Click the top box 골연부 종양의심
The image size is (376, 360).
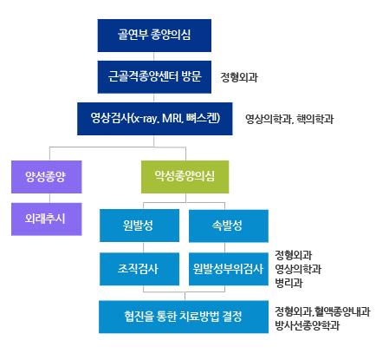click(154, 36)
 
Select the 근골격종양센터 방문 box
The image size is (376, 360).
click(154, 77)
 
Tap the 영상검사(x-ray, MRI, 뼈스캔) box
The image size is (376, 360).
click(155, 119)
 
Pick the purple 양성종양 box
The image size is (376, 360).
click(47, 177)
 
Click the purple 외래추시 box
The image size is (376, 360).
click(47, 219)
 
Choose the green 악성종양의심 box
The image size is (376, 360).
click(185, 177)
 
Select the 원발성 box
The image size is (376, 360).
click(139, 226)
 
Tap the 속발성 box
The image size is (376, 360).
click(229, 226)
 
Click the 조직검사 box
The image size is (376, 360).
click(139, 269)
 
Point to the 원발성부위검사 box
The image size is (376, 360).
click(229, 269)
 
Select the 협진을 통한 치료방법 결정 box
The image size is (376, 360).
click(184, 317)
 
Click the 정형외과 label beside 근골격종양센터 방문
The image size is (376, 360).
click(239, 77)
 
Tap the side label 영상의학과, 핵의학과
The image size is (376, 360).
click(289, 119)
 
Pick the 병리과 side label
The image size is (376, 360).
click(288, 283)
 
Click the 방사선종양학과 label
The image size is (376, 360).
click(307, 325)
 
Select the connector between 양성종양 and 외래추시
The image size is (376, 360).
click(49, 198)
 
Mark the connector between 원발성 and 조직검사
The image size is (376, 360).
click(144, 247)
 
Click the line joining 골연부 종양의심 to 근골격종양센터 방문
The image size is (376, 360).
click(154, 56)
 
